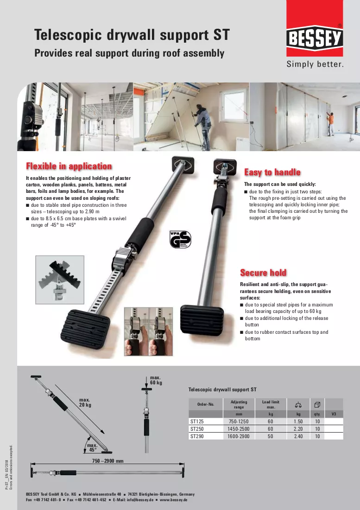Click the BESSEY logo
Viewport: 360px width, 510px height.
315,38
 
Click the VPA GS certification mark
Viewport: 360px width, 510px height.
180,239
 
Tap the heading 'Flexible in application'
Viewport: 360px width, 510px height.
69,166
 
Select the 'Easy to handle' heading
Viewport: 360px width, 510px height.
272,172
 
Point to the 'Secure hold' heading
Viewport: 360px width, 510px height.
263,273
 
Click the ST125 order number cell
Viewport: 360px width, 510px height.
197,421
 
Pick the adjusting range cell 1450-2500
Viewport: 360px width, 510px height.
239,429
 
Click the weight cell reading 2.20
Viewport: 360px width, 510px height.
298,429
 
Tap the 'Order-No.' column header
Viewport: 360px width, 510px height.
206,404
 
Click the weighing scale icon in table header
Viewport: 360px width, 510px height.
298,405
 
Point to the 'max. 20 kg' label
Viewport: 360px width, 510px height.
85,402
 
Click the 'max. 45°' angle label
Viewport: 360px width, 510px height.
93,447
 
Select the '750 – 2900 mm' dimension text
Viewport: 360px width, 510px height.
108,461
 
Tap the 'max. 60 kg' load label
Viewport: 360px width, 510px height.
156,380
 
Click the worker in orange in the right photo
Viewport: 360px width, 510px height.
330,124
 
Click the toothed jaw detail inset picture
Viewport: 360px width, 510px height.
60,280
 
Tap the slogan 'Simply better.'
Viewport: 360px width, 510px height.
315,64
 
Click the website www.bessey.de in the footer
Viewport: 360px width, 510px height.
173,500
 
